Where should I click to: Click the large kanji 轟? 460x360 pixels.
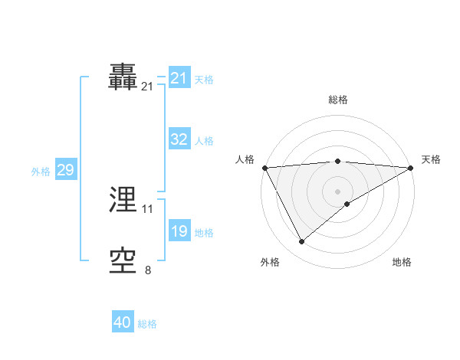click(123, 77)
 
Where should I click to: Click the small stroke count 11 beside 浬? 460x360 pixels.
click(148, 208)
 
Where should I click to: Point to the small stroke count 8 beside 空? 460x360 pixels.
click(148, 270)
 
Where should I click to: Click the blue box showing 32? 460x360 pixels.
click(179, 139)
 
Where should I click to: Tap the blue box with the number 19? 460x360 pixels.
click(179, 231)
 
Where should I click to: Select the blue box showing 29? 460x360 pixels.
click(65, 170)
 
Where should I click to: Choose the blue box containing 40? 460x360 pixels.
click(123, 323)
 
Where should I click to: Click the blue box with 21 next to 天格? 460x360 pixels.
click(179, 78)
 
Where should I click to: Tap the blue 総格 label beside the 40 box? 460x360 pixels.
click(147, 324)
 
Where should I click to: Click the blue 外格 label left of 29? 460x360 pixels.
click(41, 172)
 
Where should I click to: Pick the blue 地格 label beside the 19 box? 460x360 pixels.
click(204, 233)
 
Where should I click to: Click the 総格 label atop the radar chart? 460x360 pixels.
click(338, 100)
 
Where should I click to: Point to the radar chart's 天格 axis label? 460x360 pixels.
click(431, 159)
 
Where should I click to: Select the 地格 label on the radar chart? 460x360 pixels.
click(402, 263)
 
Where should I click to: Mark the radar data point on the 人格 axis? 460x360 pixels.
click(264, 167)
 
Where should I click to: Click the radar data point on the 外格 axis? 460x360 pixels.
click(302, 242)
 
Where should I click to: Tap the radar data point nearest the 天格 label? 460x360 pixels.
click(411, 167)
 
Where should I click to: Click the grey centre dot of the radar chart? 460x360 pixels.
click(338, 191)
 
